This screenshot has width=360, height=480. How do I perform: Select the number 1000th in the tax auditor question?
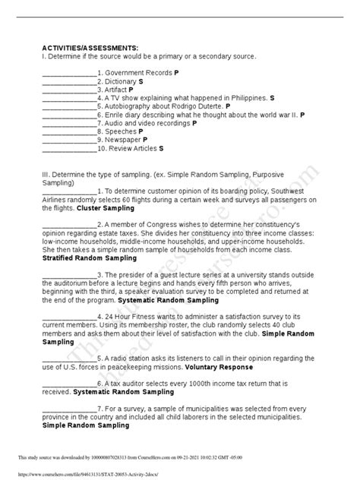pos(204,385)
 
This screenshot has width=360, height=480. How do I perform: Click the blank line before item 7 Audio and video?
pos(68,123)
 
